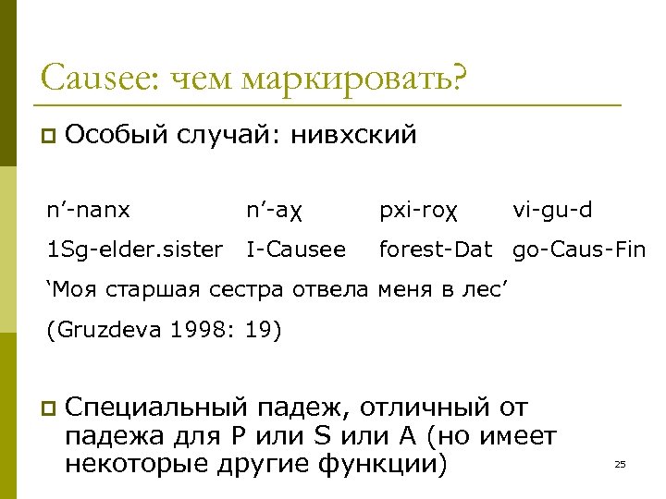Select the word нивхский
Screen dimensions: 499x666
coord(354,136)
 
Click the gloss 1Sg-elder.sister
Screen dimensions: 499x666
coord(134,249)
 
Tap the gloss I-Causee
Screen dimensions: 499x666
coord(296,249)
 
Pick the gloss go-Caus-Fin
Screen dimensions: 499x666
coord(579,249)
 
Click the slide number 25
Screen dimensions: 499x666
coord(620,464)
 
